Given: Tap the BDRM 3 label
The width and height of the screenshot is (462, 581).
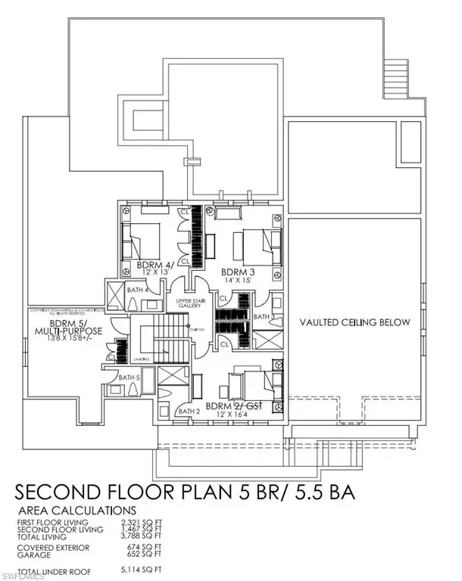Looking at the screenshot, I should (238, 271).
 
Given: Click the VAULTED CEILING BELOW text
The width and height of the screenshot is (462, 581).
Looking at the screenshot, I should (354, 322).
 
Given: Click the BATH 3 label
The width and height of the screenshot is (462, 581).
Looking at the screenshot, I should (264, 316).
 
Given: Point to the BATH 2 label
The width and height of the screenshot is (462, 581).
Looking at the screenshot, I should (187, 411).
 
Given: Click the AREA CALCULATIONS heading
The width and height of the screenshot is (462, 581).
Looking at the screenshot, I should (76, 511).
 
